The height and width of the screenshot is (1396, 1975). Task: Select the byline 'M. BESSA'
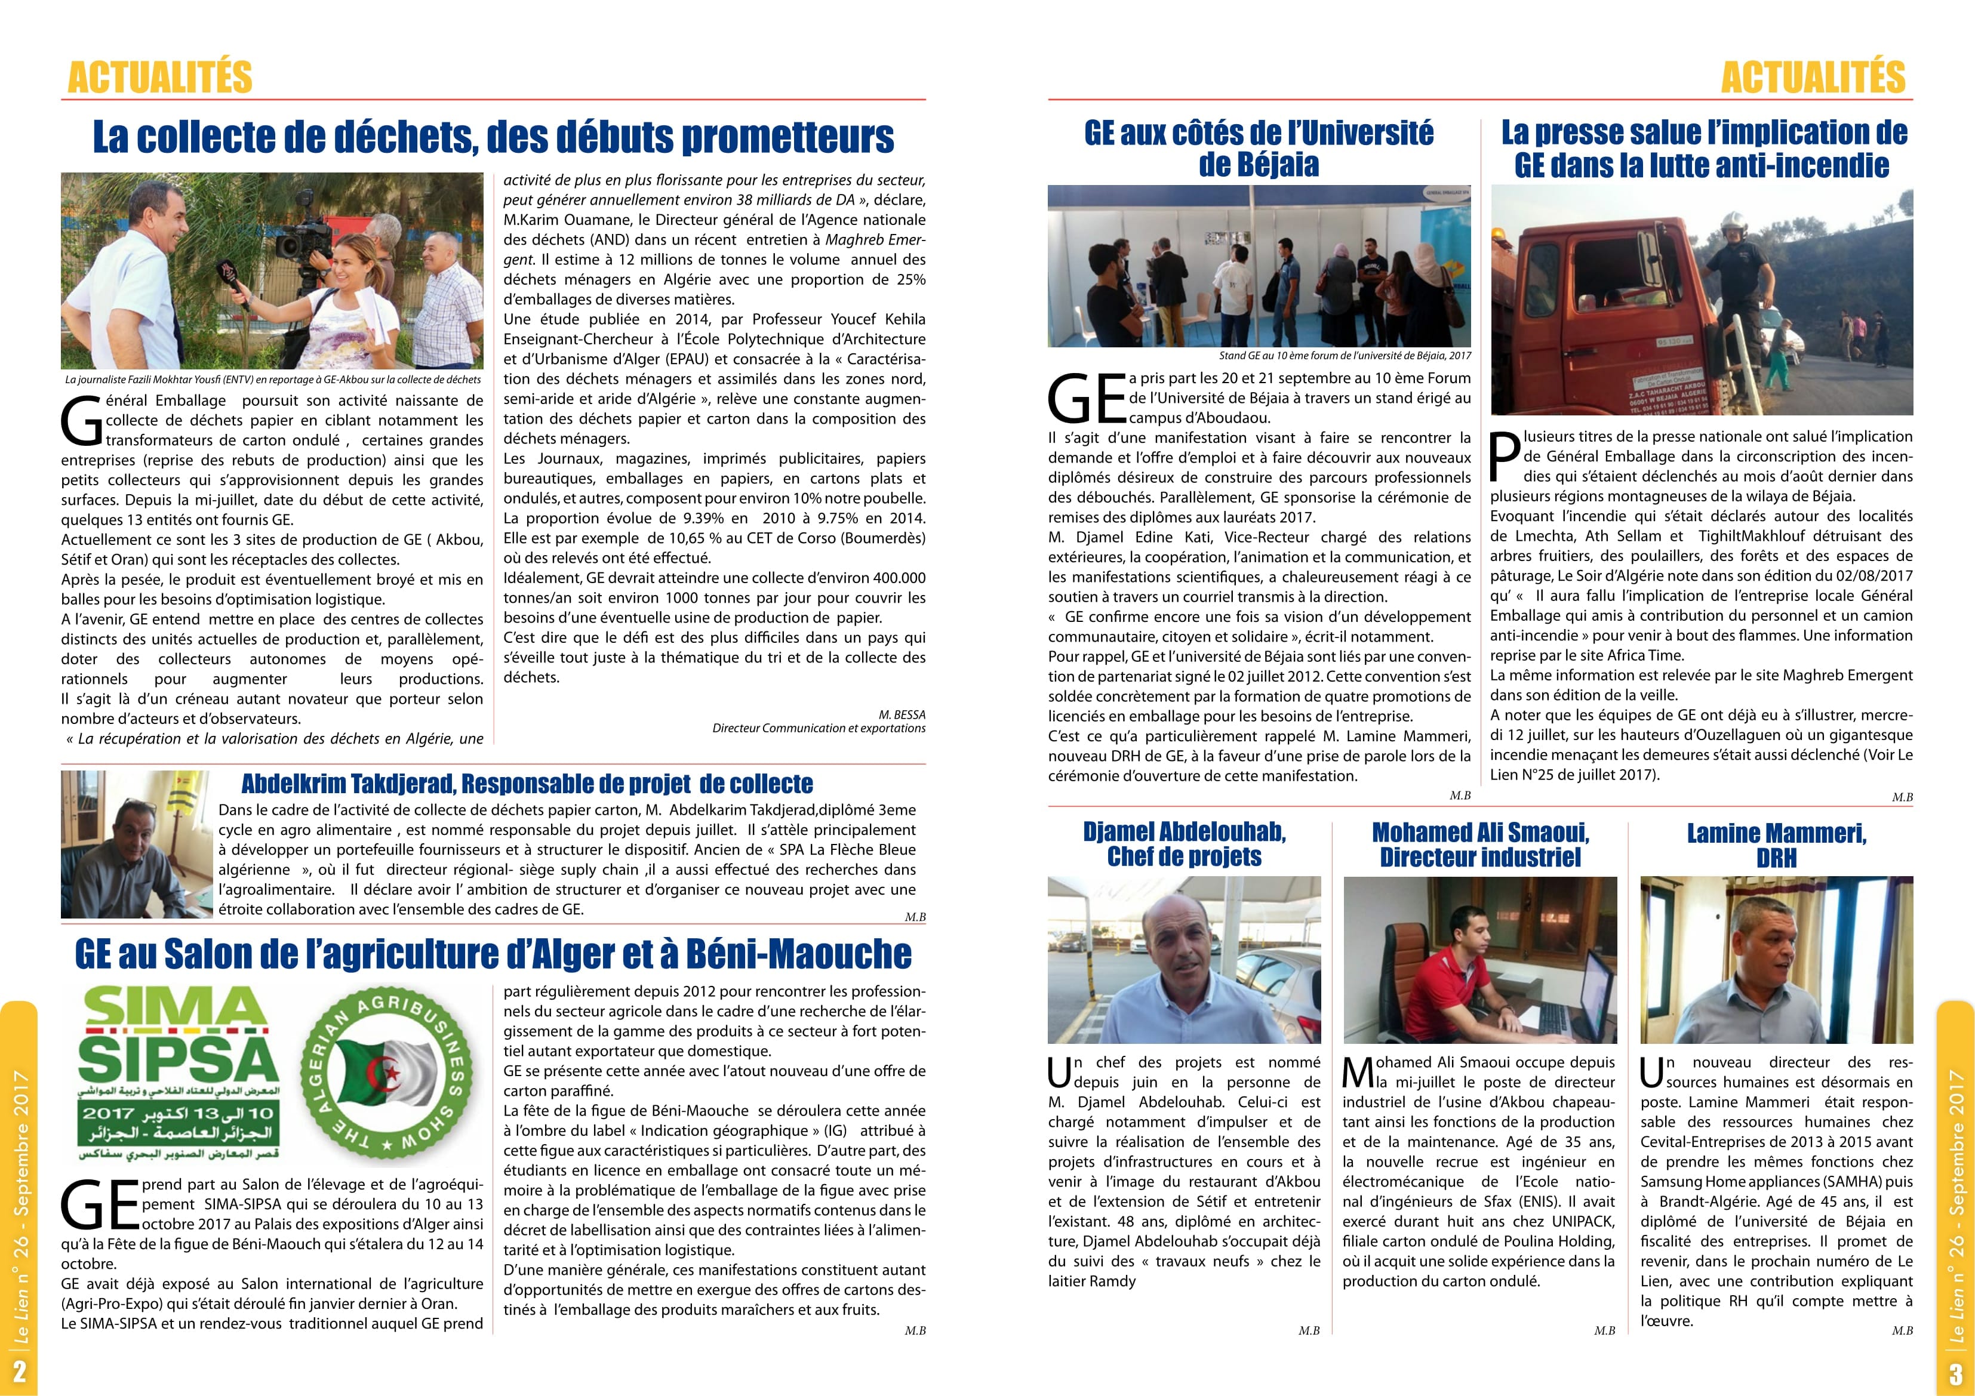pos(902,715)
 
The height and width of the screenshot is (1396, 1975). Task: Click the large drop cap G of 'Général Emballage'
pos(82,421)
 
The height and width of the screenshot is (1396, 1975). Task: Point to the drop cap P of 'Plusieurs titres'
pos(1505,456)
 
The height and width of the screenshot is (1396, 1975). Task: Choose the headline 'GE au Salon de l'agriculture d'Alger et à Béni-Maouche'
pos(493,954)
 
